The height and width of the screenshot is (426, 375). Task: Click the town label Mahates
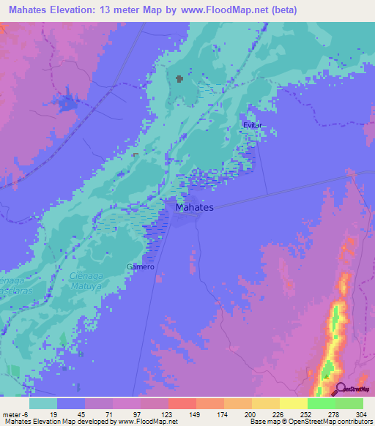point(195,208)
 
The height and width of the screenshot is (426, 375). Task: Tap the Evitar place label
point(253,126)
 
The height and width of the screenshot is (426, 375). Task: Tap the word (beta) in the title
point(286,9)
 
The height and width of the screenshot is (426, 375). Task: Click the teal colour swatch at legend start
point(43,403)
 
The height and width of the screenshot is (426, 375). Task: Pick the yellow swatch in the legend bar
point(293,403)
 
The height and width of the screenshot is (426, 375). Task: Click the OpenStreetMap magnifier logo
point(340,389)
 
